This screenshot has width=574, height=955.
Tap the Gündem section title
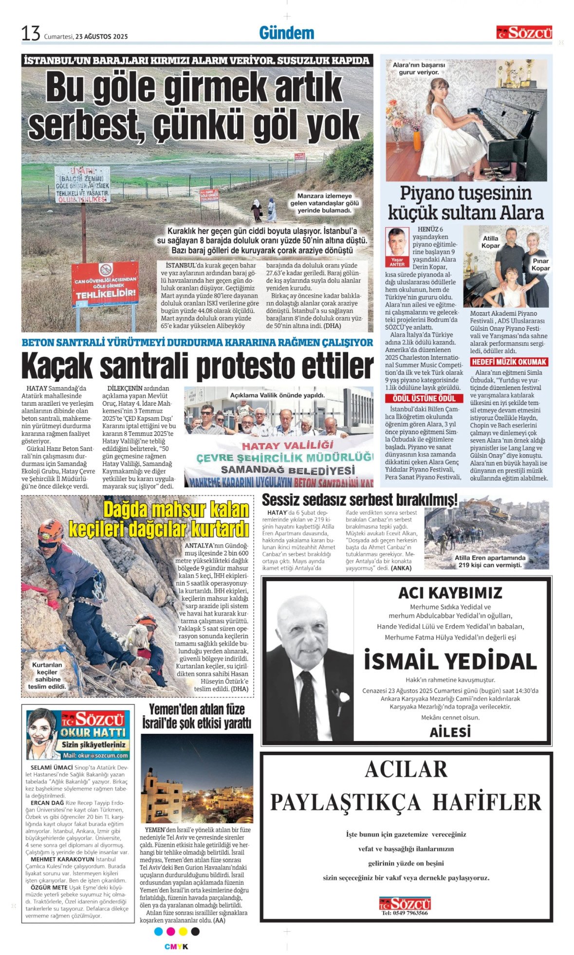[x=286, y=33]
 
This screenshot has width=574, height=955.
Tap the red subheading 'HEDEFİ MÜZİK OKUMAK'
[x=509, y=362]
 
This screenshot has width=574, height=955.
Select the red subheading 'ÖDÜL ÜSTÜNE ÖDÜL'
[x=424, y=398]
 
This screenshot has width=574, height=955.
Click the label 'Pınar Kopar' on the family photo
[x=540, y=265]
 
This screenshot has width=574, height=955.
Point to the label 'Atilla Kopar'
[x=490, y=242]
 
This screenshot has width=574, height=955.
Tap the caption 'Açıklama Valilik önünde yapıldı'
[x=277, y=395]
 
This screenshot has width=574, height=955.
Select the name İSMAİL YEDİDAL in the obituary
[x=450, y=661]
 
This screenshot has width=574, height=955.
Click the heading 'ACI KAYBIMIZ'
[x=450, y=593]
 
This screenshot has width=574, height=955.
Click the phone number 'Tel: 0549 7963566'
[x=405, y=913]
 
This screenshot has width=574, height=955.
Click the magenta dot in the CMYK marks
[x=170, y=931]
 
